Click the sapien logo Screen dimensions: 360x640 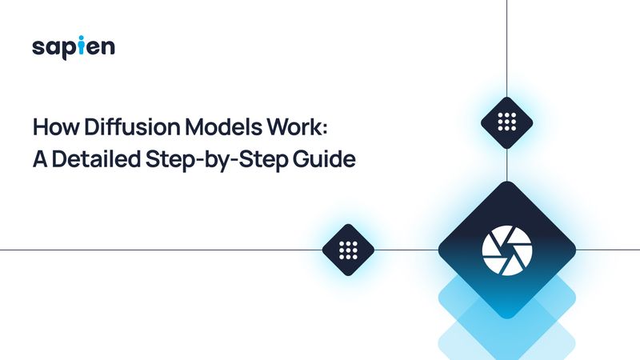click(x=74, y=47)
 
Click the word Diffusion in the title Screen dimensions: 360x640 click(x=121, y=128)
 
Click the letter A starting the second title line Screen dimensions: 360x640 click(x=39, y=158)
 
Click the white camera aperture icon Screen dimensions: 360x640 click(x=507, y=250)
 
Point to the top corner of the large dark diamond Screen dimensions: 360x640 click(x=507, y=183)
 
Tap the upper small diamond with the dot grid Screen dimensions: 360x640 click(x=507, y=123)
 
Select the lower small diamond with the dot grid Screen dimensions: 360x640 click(x=348, y=250)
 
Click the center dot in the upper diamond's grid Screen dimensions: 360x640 click(x=507, y=123)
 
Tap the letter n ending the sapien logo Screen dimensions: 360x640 click(x=107, y=48)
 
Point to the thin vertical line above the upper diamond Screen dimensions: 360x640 click(x=507, y=48)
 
